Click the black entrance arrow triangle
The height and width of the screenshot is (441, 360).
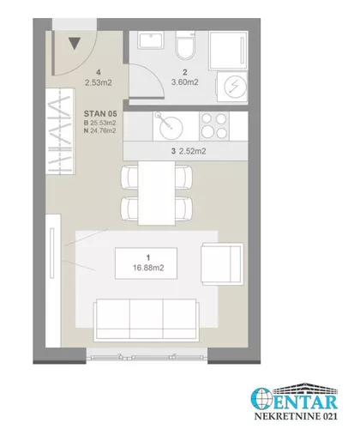(75, 43)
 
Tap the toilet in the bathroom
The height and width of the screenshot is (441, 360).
(184, 45)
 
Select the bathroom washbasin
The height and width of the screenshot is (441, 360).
(152, 40)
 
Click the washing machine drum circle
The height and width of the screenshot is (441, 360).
(235, 87)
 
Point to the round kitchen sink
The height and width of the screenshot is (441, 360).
(171, 127)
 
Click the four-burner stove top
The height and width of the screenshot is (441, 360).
(213, 126)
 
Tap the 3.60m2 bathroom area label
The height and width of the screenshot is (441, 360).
(185, 82)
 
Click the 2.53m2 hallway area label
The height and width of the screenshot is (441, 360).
(99, 82)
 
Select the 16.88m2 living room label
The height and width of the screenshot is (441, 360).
(148, 268)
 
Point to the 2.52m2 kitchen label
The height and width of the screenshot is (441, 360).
(192, 151)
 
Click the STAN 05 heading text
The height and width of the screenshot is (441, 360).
(100, 114)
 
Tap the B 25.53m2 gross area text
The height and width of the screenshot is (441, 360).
(99, 123)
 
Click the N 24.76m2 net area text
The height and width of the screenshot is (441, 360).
(99, 130)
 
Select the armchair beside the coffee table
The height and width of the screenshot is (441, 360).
(222, 264)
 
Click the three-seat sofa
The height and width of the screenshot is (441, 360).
(146, 320)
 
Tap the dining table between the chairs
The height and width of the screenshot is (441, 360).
(157, 193)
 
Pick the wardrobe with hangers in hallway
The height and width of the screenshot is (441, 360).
(60, 131)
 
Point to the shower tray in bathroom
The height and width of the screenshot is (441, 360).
(228, 50)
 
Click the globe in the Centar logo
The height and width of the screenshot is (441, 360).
(261, 398)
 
